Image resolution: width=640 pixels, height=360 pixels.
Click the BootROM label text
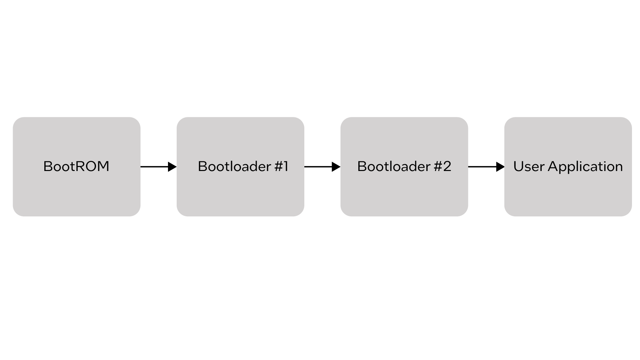tap(76, 166)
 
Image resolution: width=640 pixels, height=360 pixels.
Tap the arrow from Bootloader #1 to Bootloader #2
tap(320, 167)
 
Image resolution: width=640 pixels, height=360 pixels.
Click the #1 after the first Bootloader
tap(281, 166)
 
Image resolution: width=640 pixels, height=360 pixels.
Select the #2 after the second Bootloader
tap(442, 166)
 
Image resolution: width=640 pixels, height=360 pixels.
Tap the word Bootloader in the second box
tap(234, 166)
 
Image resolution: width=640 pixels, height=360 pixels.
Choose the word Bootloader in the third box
tap(394, 166)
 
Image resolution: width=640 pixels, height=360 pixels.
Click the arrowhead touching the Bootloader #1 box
tap(172, 167)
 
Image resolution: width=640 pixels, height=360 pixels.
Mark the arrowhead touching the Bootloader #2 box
tap(336, 167)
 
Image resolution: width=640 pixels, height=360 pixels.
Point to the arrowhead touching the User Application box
tap(500, 167)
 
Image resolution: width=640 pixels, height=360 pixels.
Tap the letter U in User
tap(518, 166)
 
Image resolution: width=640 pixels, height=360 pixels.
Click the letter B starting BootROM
tap(47, 166)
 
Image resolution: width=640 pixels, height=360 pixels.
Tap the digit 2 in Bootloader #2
tap(447, 166)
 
